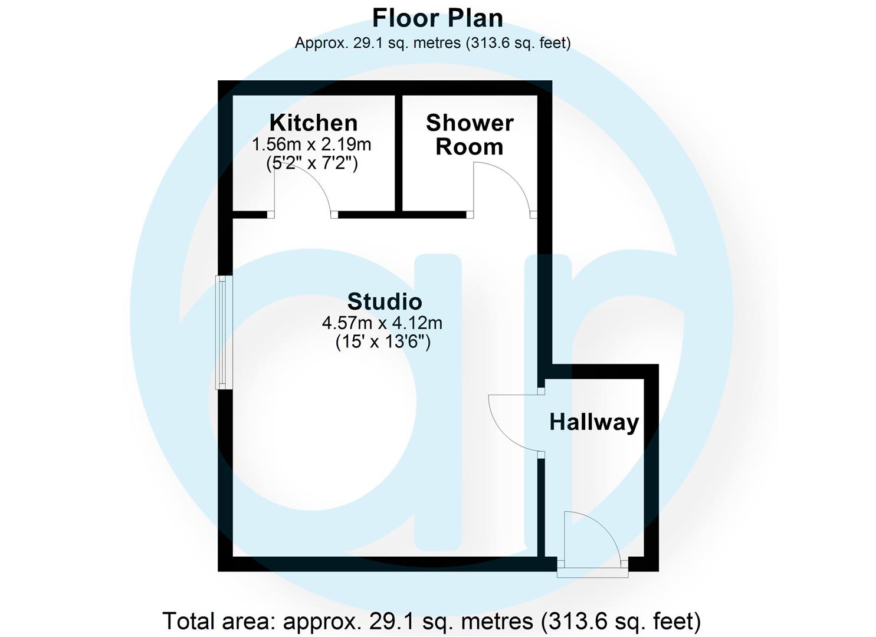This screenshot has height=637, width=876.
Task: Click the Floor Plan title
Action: pyautogui.click(x=437, y=18)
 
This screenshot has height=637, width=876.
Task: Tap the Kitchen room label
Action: pyautogui.click(x=313, y=123)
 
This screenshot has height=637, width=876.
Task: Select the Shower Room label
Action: pyautogui.click(x=470, y=134)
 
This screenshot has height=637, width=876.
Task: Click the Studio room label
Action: pyautogui.click(x=385, y=301)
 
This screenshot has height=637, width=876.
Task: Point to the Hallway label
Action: pyautogui.click(x=594, y=422)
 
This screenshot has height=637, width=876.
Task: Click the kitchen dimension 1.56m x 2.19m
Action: pyautogui.click(x=311, y=144)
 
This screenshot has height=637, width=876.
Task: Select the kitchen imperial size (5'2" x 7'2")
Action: pyautogui.click(x=312, y=163)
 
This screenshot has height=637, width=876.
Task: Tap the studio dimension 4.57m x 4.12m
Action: pyautogui.click(x=382, y=323)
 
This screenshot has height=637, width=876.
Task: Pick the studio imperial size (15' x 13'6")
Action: pyautogui.click(x=383, y=342)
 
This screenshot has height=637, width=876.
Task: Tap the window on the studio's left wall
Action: pyautogui.click(x=224, y=333)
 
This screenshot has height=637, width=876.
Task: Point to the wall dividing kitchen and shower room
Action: pyautogui.click(x=398, y=152)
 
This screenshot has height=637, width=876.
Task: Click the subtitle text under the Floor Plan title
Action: pyautogui.click(x=432, y=42)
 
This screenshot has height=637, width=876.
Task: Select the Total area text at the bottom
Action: pyautogui.click(x=431, y=621)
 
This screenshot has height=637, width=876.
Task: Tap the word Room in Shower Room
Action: pyautogui.click(x=470, y=147)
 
